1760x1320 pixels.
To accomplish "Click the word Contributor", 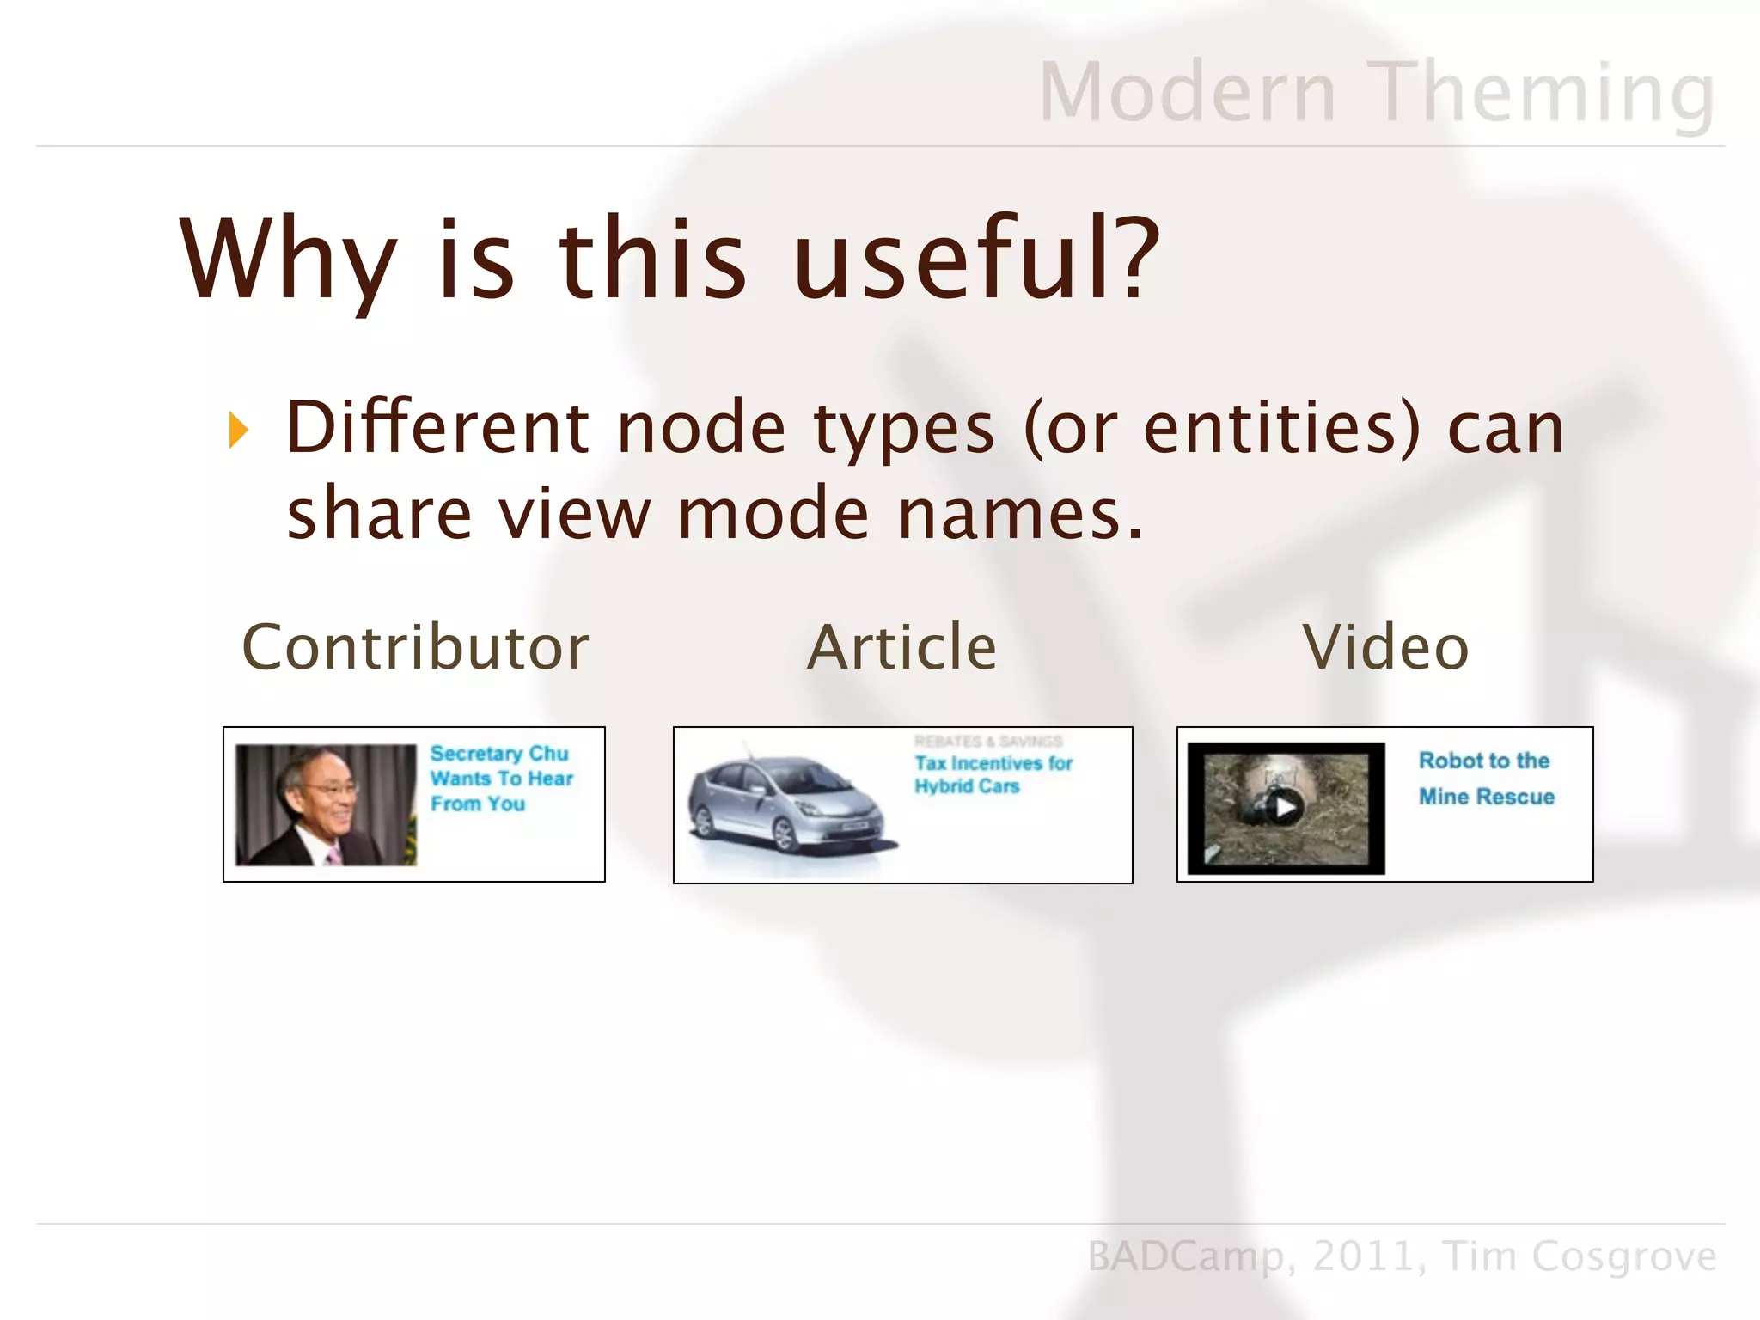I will coord(416,647).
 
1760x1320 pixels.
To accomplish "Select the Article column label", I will coord(901,647).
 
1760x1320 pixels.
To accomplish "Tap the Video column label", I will coord(1385,647).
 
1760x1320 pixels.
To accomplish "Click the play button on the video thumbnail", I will coord(1285,807).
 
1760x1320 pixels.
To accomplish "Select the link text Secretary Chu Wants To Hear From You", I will coord(500,779).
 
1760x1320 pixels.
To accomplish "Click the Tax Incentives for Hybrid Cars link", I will coord(993,774).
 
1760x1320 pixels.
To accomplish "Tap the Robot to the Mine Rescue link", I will coord(1486,779).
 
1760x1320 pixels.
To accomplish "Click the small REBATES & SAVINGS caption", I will coord(988,741).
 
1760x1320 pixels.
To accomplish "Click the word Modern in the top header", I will coord(1187,92).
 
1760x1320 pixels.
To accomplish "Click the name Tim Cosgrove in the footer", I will coord(1580,1256).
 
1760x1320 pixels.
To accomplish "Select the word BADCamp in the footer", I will coord(1186,1256).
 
